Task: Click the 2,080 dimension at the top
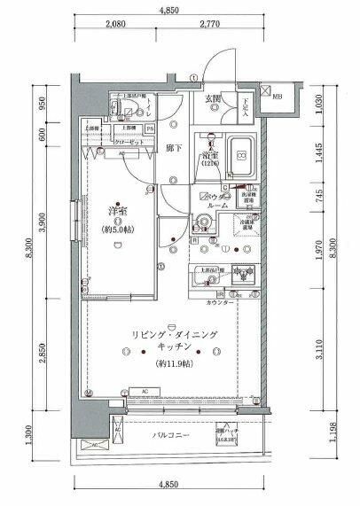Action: click(114, 27)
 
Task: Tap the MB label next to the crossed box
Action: click(278, 96)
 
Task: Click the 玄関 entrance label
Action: click(214, 98)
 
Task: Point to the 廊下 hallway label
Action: click(175, 148)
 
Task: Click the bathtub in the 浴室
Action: click(239, 157)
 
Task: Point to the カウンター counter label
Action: click(220, 302)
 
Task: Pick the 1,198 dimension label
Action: click(322, 432)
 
